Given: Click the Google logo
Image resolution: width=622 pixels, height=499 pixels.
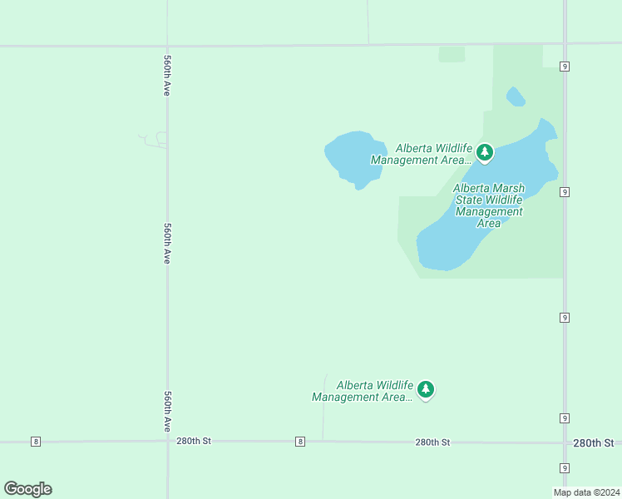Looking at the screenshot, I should click(27, 489).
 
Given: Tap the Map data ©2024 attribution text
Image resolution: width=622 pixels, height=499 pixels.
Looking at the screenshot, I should click(585, 492).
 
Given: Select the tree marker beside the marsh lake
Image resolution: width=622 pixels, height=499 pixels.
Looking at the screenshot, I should click(485, 153).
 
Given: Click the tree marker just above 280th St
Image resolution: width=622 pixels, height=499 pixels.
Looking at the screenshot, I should click(426, 389).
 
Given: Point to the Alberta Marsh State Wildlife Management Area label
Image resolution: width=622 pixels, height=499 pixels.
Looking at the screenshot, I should click(489, 205).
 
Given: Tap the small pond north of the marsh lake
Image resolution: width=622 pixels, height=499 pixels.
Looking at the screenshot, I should click(516, 97).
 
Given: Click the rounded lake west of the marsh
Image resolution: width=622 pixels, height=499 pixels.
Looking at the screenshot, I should click(354, 157).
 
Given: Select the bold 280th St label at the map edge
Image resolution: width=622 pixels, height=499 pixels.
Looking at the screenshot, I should click(593, 443).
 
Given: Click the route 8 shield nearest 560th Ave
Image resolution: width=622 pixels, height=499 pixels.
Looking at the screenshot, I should click(36, 442).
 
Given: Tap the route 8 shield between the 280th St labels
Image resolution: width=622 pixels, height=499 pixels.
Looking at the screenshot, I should click(299, 442).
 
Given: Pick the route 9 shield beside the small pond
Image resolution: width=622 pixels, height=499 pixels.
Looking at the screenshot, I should click(565, 67).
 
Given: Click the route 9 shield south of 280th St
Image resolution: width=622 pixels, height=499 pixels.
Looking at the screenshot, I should click(565, 468).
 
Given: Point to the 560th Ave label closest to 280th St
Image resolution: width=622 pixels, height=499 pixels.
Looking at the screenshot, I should click(168, 411).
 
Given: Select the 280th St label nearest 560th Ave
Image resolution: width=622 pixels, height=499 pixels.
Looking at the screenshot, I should click(194, 441).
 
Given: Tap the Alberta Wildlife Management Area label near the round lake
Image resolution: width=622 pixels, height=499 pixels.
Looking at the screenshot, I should click(422, 154).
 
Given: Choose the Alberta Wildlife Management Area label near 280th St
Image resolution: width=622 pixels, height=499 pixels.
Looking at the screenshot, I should click(363, 391).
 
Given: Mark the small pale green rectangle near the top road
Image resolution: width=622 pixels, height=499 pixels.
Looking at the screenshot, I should click(452, 54).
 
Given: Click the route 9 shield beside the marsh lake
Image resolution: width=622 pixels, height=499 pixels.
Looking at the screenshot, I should click(565, 192).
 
